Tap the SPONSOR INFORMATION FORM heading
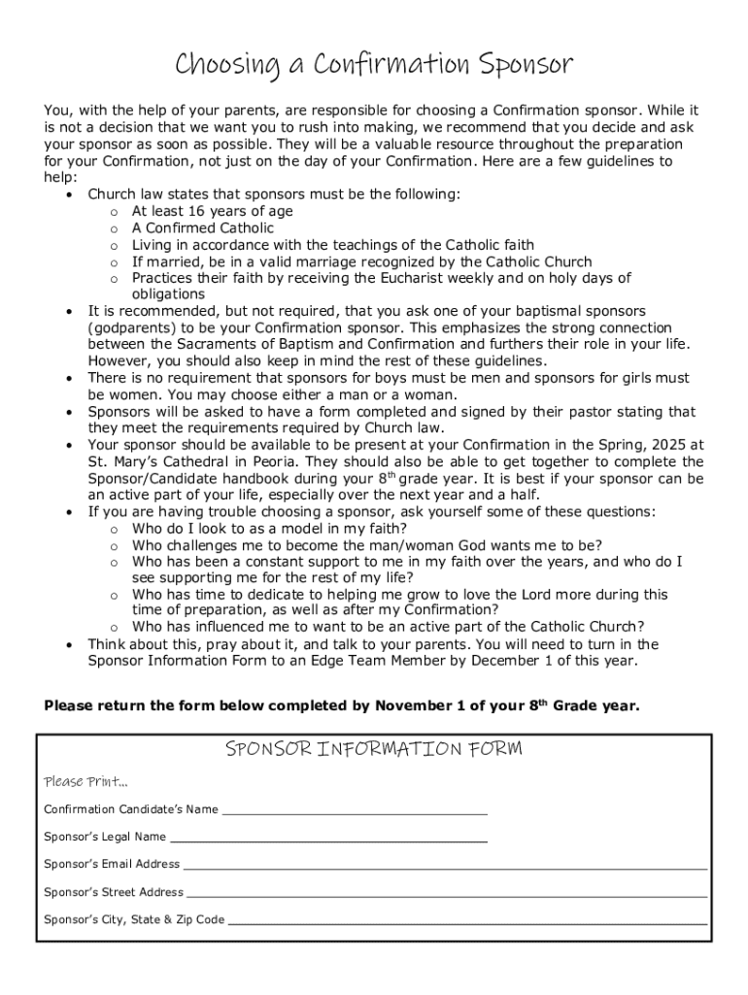(374, 748)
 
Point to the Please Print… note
(85, 782)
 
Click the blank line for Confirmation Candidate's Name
(355, 809)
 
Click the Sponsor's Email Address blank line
(445, 864)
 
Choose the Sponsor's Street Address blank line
(446, 892)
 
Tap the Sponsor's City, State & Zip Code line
(467, 919)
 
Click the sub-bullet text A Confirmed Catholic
(203, 228)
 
